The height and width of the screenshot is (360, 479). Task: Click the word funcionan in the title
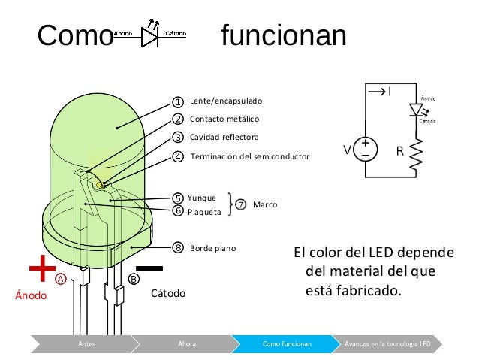(x=283, y=35)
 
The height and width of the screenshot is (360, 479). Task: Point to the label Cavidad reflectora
(x=224, y=138)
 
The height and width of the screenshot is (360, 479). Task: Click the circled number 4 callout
(x=178, y=157)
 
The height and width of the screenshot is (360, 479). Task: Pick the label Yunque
(x=201, y=198)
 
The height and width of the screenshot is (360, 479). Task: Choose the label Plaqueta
(x=203, y=212)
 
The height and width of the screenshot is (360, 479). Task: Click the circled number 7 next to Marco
(x=241, y=204)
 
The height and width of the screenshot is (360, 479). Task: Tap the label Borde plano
(x=213, y=247)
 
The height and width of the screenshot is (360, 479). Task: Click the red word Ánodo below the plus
(x=31, y=295)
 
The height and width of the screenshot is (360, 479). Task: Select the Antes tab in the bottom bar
(x=87, y=344)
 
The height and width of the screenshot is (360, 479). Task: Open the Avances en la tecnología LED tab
(x=387, y=344)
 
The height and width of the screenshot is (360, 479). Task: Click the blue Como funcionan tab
(x=287, y=344)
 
